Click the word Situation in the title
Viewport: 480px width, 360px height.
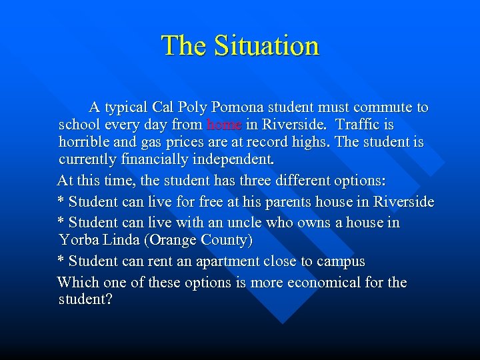pyautogui.click(x=267, y=45)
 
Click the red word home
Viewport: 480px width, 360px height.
pyautogui.click(x=224, y=125)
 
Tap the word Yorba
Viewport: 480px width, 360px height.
pyautogui.click(x=78, y=239)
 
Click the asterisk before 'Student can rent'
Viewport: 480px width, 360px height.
pyautogui.click(x=61, y=260)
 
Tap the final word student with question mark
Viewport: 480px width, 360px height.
pyautogui.click(x=85, y=300)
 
